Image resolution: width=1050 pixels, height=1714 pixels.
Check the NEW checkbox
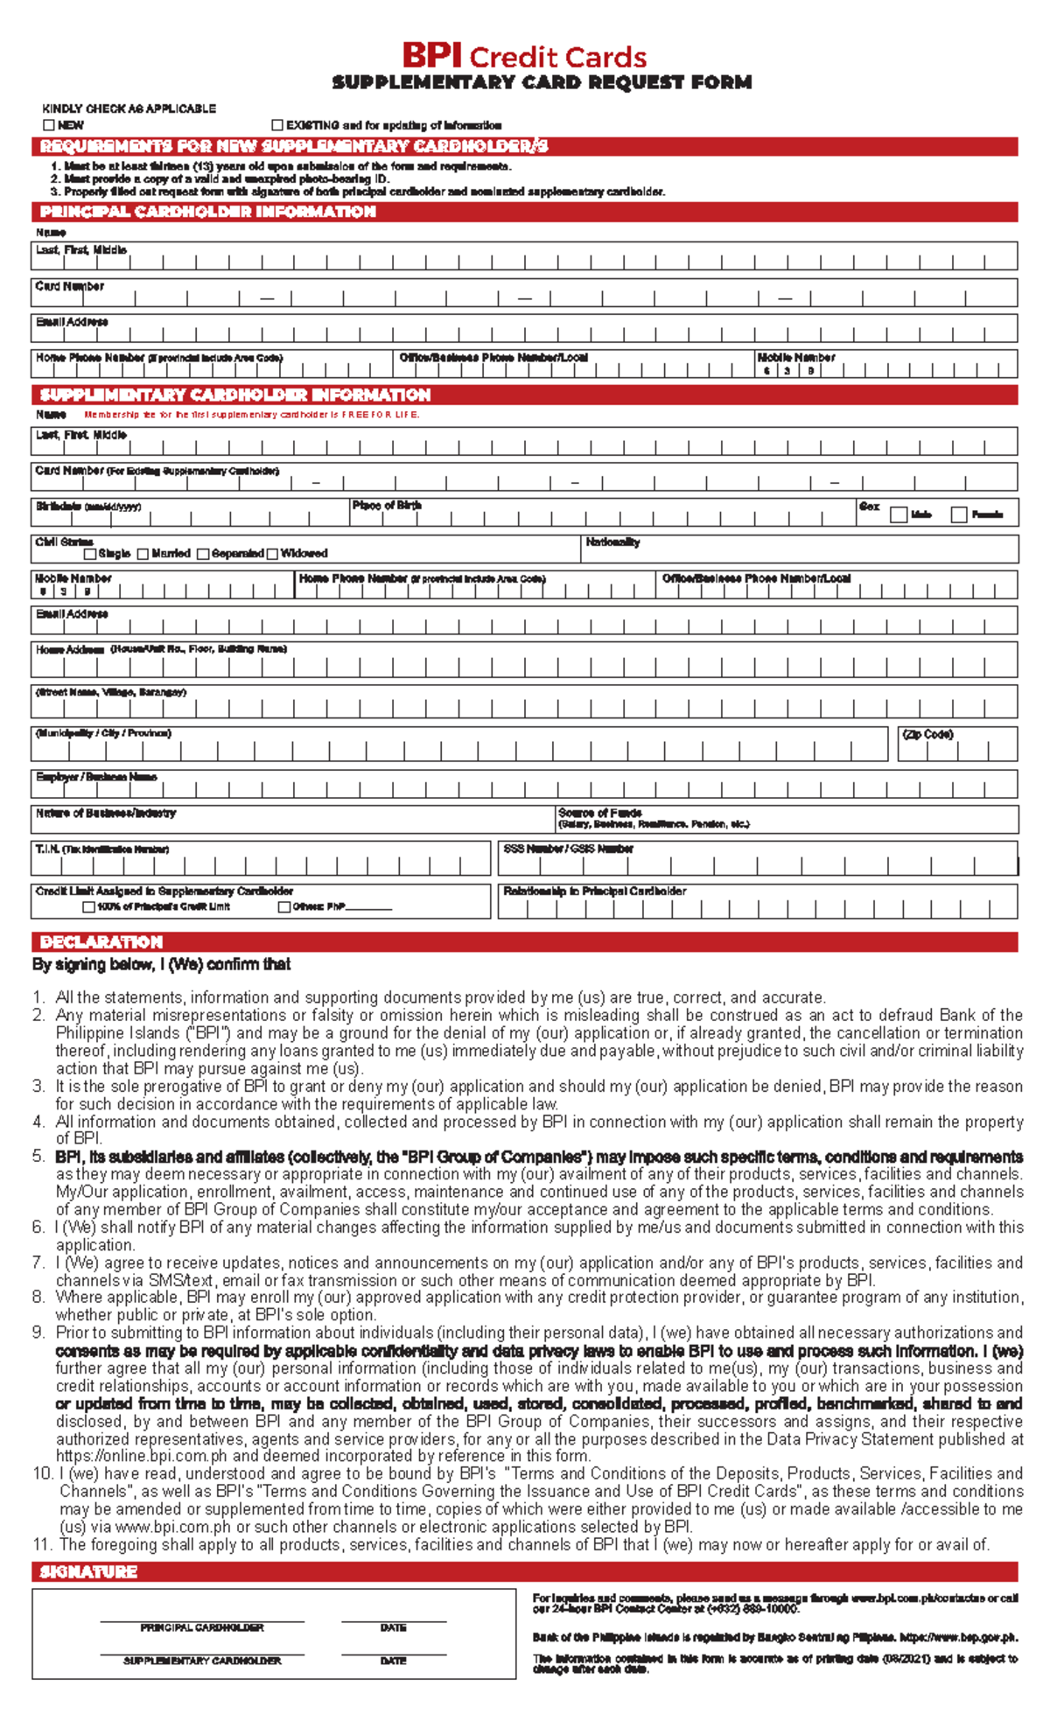coord(49,125)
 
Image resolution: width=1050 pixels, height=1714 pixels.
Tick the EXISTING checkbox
coord(278,125)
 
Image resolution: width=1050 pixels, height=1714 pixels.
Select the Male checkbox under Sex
coord(898,514)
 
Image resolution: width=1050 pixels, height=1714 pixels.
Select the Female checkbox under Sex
coord(959,514)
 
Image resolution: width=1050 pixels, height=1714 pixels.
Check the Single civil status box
coord(89,554)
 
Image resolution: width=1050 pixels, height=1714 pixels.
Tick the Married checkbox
coord(143,554)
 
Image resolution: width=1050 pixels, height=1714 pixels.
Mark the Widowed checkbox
coord(272,554)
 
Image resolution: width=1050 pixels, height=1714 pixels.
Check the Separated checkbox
coord(203,554)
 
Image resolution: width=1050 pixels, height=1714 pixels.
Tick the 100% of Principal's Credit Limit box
coord(88,907)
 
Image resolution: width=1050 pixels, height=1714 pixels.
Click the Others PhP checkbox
coord(284,907)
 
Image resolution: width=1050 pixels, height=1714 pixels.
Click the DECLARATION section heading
coord(101,942)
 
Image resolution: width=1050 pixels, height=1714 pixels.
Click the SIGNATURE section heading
coord(88,1572)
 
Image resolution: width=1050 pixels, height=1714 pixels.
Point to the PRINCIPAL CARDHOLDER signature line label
coord(202,1628)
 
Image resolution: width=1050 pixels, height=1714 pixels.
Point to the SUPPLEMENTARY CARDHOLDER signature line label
coord(202,1661)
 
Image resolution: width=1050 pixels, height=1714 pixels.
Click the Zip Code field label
coord(927,734)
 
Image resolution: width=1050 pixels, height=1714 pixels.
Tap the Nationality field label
coord(612,542)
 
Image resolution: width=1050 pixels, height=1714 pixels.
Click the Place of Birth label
coord(386,506)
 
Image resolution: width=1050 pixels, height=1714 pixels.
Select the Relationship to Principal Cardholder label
coord(595,892)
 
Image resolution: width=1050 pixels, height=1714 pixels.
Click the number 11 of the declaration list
coord(42,1545)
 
